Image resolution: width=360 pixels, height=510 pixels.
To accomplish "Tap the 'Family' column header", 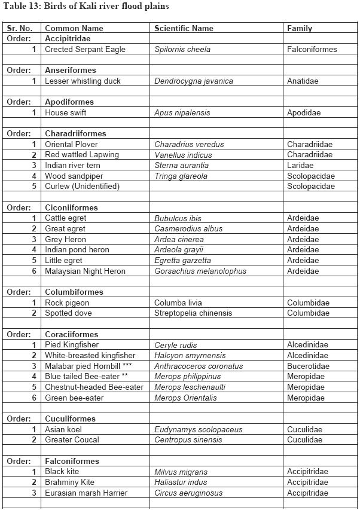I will [x=300, y=28].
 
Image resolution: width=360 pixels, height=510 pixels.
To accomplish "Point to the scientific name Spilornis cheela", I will [x=182, y=49].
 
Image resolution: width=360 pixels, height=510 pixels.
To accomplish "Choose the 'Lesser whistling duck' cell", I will [x=83, y=81].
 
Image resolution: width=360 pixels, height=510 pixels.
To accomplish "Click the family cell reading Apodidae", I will [x=304, y=112].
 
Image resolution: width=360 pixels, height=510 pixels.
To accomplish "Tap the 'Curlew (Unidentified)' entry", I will [x=82, y=186].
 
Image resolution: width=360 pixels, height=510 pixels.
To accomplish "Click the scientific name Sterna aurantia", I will [x=182, y=165].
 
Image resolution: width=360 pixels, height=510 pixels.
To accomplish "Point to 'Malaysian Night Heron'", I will [x=85, y=271].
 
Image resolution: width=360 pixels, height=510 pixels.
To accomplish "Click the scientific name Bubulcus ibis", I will [x=178, y=218].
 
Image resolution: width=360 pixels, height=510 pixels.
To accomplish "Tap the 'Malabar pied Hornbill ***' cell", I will [x=88, y=366].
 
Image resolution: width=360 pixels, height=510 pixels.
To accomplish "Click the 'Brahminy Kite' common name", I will [x=68, y=482].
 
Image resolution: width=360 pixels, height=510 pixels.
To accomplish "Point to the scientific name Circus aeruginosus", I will [x=188, y=493].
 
